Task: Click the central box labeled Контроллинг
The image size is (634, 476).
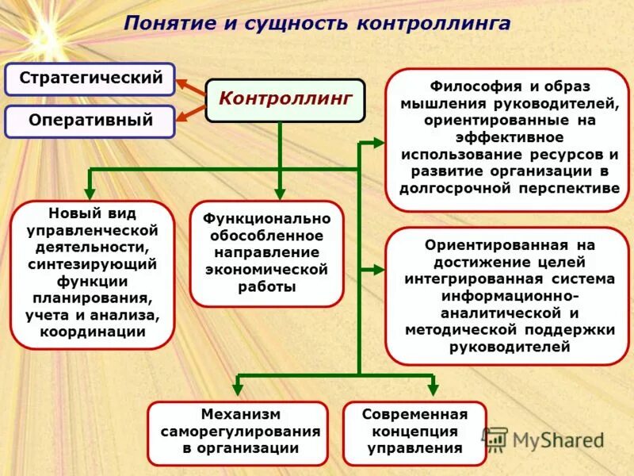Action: (285, 100)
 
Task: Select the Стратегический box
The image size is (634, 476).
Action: (90, 79)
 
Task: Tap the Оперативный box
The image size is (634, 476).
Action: (90, 121)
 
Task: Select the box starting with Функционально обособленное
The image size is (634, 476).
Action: (267, 253)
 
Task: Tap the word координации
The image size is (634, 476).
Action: (92, 332)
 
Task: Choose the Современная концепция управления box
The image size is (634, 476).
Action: (414, 432)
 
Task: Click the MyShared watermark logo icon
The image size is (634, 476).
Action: (495, 440)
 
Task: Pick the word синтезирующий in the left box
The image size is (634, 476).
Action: (92, 263)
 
